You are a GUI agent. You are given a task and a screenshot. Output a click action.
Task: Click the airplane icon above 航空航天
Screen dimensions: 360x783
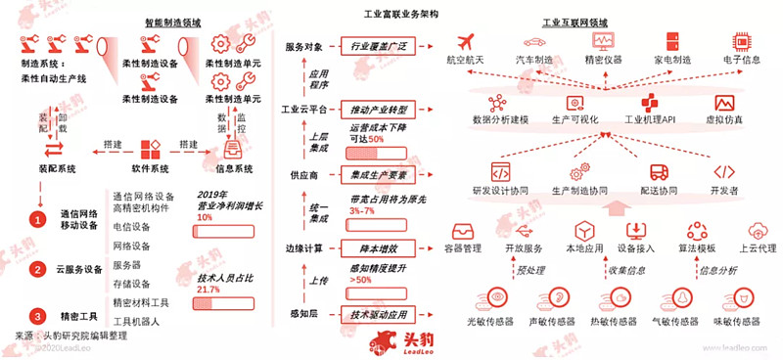[465, 41]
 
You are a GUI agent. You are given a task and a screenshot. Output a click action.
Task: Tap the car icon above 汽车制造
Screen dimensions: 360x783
[533, 41]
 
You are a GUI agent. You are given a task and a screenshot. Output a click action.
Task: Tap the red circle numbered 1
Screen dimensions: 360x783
[37, 219]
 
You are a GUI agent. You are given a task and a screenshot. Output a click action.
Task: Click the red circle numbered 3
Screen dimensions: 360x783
[37, 315]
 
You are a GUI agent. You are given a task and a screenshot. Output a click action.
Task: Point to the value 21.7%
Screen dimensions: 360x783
[207, 290]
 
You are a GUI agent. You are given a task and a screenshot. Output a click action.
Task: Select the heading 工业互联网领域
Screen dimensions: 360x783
[576, 21]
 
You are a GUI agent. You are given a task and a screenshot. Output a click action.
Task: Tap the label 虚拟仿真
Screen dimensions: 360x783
[724, 119]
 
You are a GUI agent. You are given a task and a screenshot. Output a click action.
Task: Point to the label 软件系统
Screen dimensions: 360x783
[150, 168]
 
